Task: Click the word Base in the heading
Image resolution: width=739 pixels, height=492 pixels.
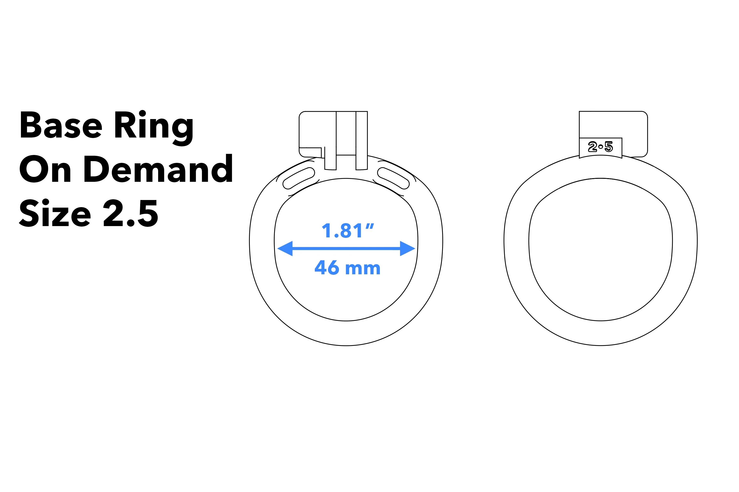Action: point(61,125)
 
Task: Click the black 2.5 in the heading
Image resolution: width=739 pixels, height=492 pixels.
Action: point(130,213)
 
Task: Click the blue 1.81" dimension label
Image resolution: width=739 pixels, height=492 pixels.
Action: point(348,231)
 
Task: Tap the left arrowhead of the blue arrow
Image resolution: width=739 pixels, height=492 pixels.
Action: point(285,248)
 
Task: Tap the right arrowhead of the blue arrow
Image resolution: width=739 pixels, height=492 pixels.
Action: point(407,248)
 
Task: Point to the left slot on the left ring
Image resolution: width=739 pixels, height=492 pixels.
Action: point(299,178)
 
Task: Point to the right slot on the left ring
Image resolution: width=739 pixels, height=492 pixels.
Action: point(393,178)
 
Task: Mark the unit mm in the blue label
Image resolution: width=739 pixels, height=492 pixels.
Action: point(363,269)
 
